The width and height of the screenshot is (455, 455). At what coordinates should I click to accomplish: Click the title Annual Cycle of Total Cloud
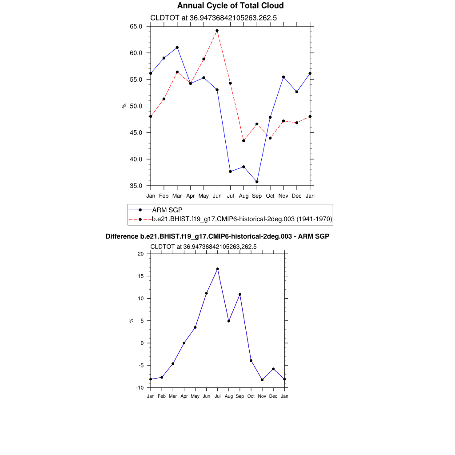230,6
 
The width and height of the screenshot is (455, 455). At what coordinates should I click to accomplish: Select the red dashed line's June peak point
217,31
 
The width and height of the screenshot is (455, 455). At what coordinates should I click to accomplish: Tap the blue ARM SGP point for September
257,182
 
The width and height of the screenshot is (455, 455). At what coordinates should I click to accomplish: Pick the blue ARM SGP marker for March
177,48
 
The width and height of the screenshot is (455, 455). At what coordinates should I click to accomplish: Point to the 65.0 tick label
136,26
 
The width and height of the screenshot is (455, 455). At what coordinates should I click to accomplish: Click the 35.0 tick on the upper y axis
136,186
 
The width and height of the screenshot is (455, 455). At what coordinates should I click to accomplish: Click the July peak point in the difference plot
218,269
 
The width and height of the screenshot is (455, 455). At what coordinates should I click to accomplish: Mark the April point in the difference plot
184,343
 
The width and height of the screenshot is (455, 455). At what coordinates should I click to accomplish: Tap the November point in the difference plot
262,380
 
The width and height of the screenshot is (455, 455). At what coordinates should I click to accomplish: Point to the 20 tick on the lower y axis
141,254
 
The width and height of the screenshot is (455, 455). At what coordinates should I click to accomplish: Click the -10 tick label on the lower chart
140,388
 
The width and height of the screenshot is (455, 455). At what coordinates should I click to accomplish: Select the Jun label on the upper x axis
217,196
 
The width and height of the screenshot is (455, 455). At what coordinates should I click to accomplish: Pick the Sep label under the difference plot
240,396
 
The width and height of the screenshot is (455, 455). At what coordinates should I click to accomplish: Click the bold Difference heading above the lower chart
217,236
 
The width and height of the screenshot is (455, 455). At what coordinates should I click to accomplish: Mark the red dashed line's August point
243,141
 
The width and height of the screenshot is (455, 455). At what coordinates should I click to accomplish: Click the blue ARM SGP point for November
283,77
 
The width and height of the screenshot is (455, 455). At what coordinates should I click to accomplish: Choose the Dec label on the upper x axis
297,196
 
